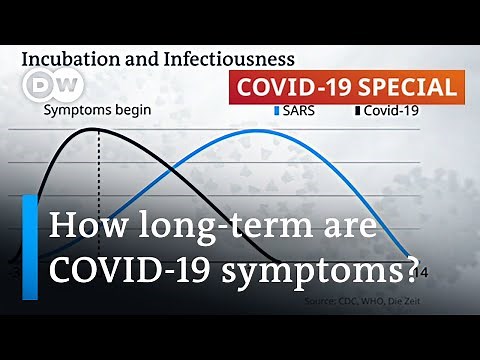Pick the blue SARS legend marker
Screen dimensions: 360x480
pos(277,111)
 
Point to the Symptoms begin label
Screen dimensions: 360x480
pos(97,111)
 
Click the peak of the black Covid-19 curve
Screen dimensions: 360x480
pos(98,129)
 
